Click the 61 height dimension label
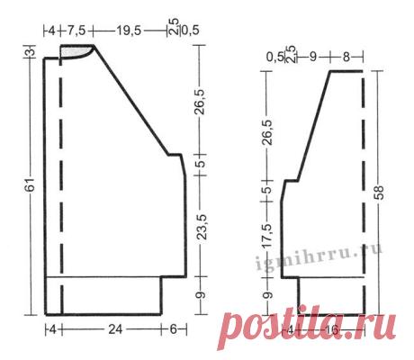coord(31,184)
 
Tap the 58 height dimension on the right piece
coord(379,193)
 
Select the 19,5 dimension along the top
coord(129,31)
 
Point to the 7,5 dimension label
coord(76,31)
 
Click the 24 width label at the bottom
coord(115,329)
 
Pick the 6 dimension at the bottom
coord(174,329)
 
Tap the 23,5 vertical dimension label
coord(202,227)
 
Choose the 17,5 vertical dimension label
coord(268,235)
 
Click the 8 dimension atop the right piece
coord(346,57)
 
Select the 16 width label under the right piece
coord(331,330)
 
